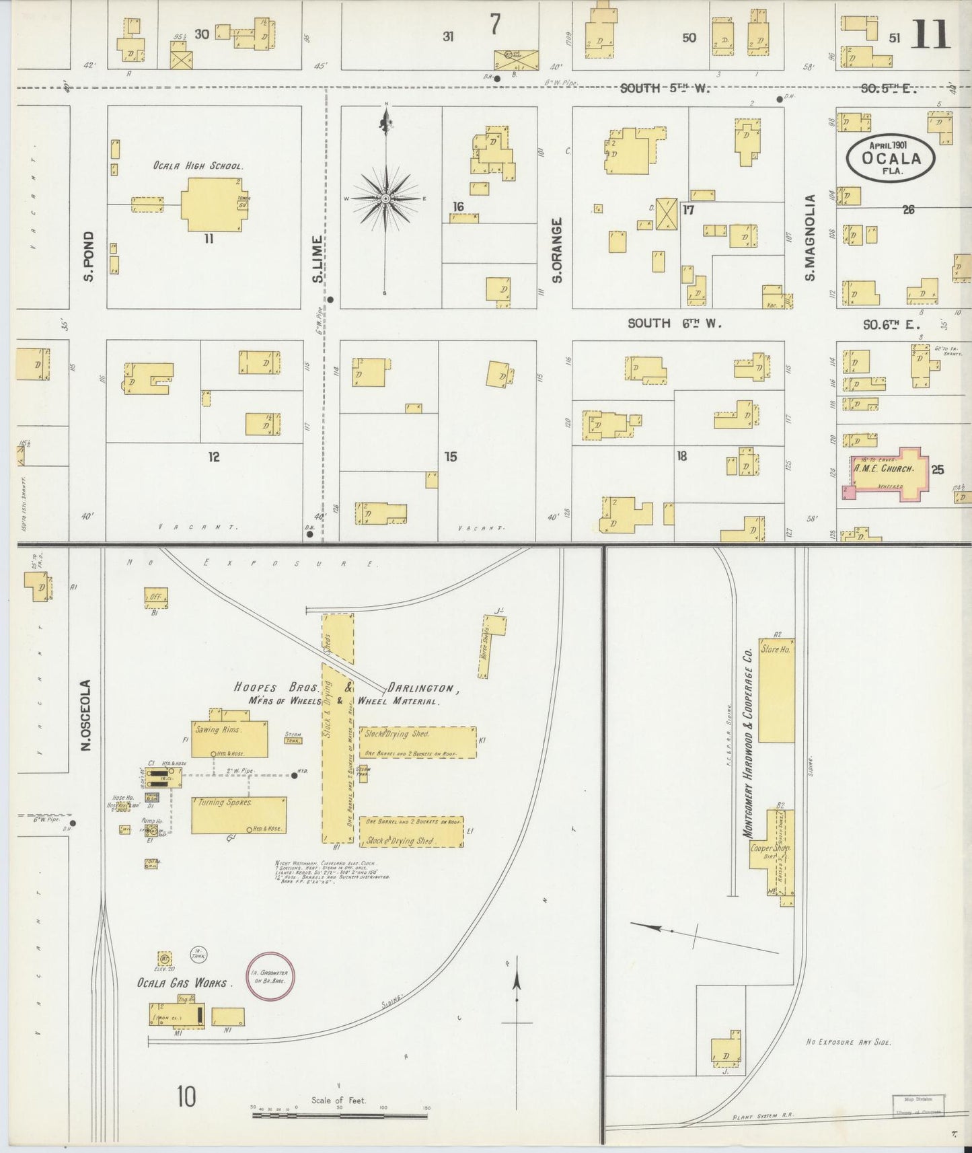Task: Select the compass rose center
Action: click(385, 198)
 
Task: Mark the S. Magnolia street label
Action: click(810, 237)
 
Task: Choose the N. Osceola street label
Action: click(86, 714)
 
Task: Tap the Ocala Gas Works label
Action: click(184, 983)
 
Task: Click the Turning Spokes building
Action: click(239, 815)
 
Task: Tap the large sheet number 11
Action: click(932, 35)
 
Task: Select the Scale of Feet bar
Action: click(339, 1116)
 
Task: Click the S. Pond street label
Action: click(89, 256)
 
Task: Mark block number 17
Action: click(688, 210)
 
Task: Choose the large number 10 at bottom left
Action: click(186, 1096)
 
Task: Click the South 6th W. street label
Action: click(674, 324)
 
